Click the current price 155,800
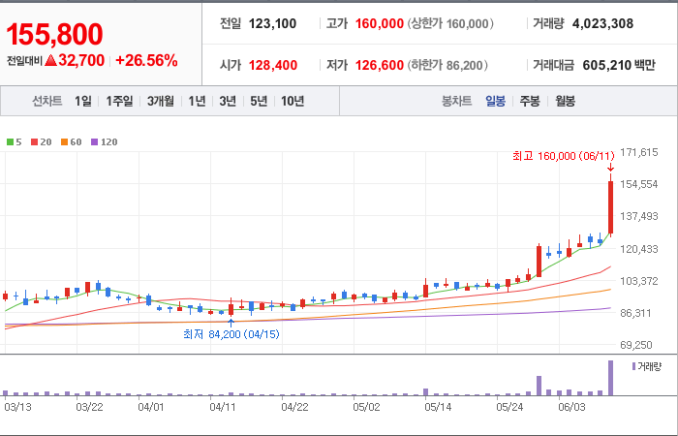coord(54,34)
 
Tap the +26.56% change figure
coord(146,60)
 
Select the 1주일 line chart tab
coord(119,101)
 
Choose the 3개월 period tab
coord(161,101)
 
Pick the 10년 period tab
coord(293,101)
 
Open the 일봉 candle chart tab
coord(495,101)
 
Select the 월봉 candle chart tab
coord(565,101)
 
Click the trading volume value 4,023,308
coord(602,23)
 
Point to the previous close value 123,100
coord(272,23)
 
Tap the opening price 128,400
coord(273,65)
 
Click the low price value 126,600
coord(380,65)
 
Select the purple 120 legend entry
coord(105,141)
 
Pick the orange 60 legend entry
coord(72,141)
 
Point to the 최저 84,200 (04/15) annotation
coord(231,334)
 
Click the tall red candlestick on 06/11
coord(610,207)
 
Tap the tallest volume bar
coord(610,378)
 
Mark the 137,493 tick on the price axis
coord(638,216)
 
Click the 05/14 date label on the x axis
coord(438,408)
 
